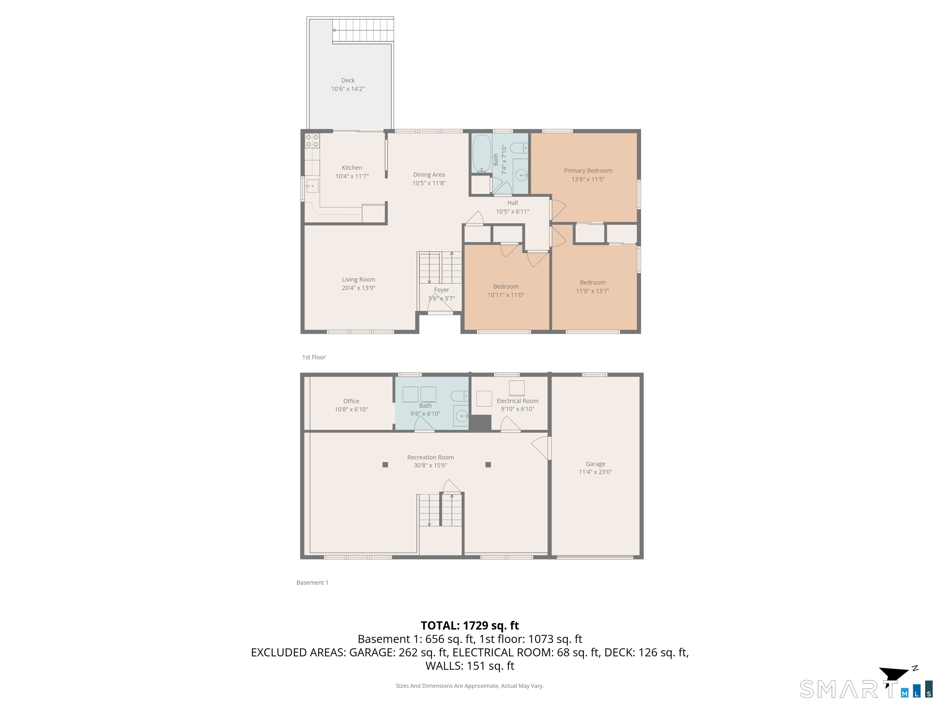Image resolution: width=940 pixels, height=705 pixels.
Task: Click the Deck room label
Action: (x=348, y=80)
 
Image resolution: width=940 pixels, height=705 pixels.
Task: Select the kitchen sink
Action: (x=312, y=186)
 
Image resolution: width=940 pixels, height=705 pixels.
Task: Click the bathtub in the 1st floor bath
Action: (x=481, y=153)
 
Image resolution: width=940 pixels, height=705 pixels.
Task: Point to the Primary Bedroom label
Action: (x=588, y=171)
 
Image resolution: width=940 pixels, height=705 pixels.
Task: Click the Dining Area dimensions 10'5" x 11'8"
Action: (x=429, y=183)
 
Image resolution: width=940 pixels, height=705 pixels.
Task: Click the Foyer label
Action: (x=442, y=290)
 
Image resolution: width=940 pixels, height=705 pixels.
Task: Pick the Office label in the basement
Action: (x=351, y=401)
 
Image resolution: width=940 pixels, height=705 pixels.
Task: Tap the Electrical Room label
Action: (x=517, y=401)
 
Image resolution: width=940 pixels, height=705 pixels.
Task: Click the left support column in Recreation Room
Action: (x=385, y=464)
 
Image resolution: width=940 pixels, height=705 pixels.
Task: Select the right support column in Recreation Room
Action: (x=488, y=464)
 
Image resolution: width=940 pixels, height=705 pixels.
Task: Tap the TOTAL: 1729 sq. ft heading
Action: (x=470, y=625)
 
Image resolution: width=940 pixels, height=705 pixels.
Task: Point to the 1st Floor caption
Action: (x=314, y=357)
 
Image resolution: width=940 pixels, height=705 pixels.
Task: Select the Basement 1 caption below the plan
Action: (x=312, y=583)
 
